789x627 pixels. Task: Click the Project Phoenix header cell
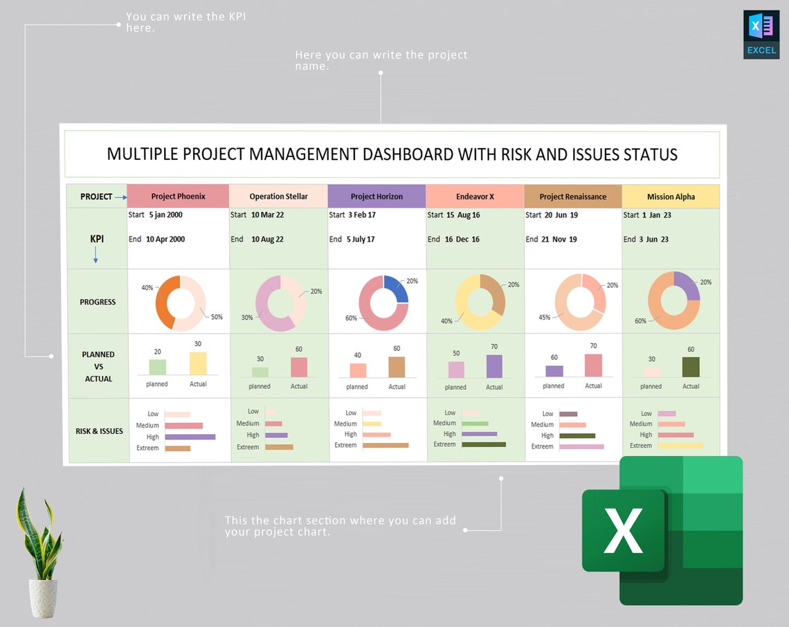[179, 197]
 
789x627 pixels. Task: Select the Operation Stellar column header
[278, 197]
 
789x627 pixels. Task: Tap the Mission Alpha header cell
[671, 197]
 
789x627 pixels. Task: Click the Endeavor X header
[475, 197]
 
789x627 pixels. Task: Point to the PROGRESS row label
[98, 302]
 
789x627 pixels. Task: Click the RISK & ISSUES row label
[99, 431]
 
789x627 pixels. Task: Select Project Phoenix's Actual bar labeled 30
[198, 363]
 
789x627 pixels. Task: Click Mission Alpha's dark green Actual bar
[691, 367]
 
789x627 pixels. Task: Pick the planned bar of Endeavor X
[456, 370]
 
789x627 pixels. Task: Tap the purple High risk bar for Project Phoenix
[190, 437]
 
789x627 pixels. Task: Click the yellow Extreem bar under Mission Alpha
[680, 446]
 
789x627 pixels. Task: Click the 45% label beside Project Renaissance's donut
[545, 318]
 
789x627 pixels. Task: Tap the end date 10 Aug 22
[267, 239]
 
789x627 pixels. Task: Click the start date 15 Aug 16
[463, 215]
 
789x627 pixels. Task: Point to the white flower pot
[43, 597]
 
